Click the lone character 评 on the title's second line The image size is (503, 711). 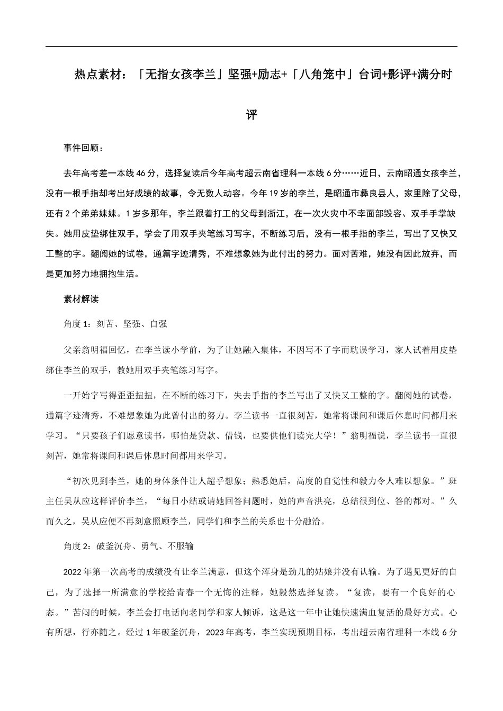(251, 115)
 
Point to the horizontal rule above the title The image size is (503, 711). (251, 47)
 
